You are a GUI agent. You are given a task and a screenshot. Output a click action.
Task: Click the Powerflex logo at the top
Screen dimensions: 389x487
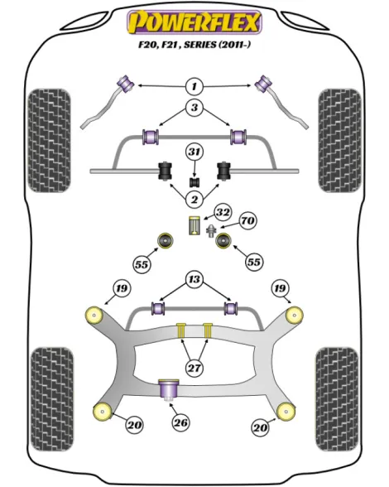194,22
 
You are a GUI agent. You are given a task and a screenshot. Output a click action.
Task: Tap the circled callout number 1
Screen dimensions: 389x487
194,86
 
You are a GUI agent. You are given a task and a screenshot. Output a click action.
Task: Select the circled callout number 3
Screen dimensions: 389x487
194,108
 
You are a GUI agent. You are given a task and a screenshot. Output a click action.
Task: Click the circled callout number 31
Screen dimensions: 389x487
194,152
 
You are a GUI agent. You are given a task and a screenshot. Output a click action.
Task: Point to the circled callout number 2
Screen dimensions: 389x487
194,199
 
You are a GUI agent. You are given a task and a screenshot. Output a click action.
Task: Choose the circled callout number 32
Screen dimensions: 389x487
223,212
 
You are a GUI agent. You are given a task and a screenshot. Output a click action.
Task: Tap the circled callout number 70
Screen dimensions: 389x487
247,221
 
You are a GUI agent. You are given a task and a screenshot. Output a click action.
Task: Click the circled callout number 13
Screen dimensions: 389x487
194,279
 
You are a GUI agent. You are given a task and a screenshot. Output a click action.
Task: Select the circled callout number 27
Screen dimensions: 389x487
194,368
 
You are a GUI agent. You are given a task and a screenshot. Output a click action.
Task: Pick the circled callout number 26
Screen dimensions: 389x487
180,422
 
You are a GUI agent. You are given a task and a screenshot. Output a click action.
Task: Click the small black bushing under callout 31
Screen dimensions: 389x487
194,182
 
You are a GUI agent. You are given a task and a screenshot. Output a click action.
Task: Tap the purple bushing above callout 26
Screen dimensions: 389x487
169,390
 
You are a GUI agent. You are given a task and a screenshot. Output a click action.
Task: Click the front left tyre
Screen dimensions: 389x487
49,141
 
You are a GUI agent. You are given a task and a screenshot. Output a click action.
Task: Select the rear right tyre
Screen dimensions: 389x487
336,399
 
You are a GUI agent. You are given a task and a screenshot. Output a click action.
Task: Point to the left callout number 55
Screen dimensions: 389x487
142,265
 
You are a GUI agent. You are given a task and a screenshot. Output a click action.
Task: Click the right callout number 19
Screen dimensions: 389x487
280,288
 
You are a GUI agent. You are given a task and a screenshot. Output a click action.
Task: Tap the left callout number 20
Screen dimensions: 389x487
134,424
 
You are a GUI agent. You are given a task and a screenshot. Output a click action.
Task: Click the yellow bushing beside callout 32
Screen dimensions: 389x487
194,225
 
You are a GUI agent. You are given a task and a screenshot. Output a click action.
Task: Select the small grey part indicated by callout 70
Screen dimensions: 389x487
211,230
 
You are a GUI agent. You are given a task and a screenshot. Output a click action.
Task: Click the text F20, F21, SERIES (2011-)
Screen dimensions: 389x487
194,45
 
